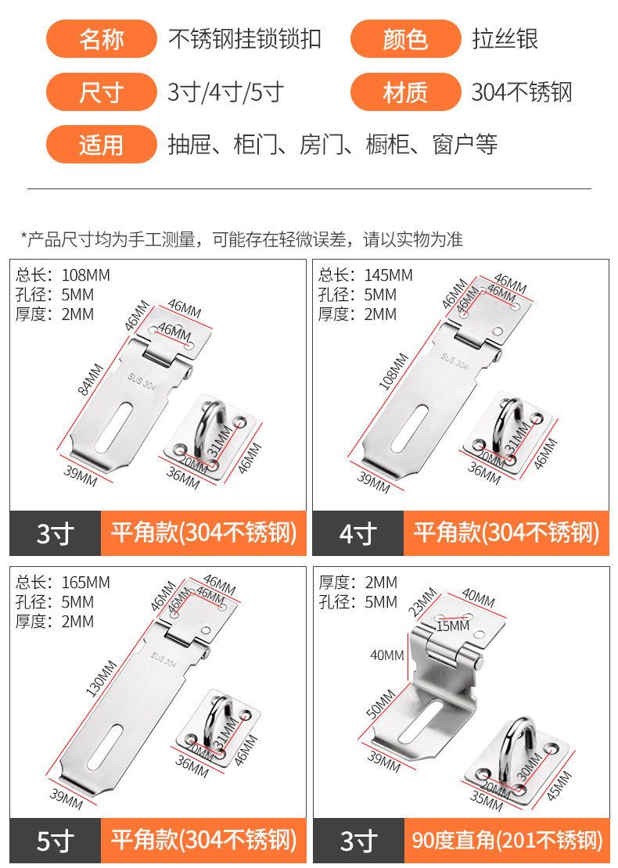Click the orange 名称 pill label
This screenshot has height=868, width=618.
[x=102, y=39]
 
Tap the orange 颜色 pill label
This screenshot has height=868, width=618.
[x=405, y=39]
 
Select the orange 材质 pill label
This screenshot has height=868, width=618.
[x=405, y=92]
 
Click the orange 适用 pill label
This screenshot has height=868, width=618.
[x=102, y=145]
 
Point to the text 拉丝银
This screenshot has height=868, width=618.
[x=505, y=39]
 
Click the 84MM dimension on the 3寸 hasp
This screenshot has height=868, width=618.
[x=90, y=380]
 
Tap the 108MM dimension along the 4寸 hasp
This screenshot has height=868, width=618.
[x=393, y=371]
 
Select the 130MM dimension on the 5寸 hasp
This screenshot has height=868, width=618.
[x=101, y=678]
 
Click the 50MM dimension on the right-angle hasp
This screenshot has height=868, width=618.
[x=381, y=704]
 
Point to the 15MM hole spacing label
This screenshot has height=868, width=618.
[x=452, y=626]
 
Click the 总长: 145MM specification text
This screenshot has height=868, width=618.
[x=365, y=275]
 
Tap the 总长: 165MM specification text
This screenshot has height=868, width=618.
[x=63, y=583]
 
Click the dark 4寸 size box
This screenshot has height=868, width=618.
[x=358, y=533]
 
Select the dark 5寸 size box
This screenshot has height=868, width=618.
[x=56, y=841]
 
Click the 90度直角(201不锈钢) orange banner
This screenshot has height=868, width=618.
[x=506, y=841]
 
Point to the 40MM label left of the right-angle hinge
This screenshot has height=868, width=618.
[x=387, y=655]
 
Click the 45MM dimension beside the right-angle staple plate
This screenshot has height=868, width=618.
[x=559, y=786]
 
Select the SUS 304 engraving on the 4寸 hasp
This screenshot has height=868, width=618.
[x=455, y=360]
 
